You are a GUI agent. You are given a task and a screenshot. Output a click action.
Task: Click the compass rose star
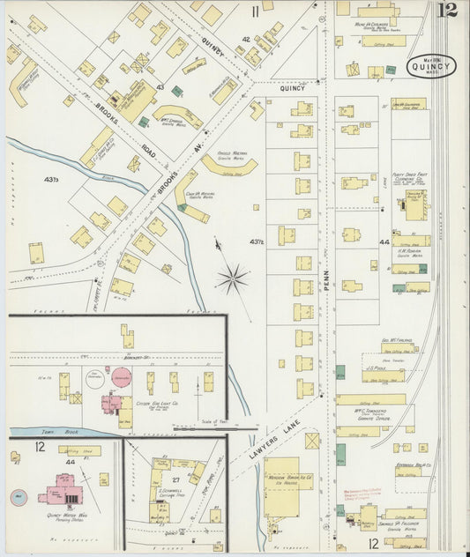point(233,280)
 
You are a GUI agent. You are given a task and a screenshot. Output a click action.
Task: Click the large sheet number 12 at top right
point(450,11)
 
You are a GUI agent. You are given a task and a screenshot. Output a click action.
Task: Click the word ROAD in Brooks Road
point(149,151)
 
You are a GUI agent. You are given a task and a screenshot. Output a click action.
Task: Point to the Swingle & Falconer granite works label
point(407,526)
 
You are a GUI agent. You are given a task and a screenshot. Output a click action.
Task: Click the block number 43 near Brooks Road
point(160,86)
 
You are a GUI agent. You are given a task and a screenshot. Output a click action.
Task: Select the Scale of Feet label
point(209,421)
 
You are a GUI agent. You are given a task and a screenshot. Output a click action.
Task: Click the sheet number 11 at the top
point(255,11)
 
